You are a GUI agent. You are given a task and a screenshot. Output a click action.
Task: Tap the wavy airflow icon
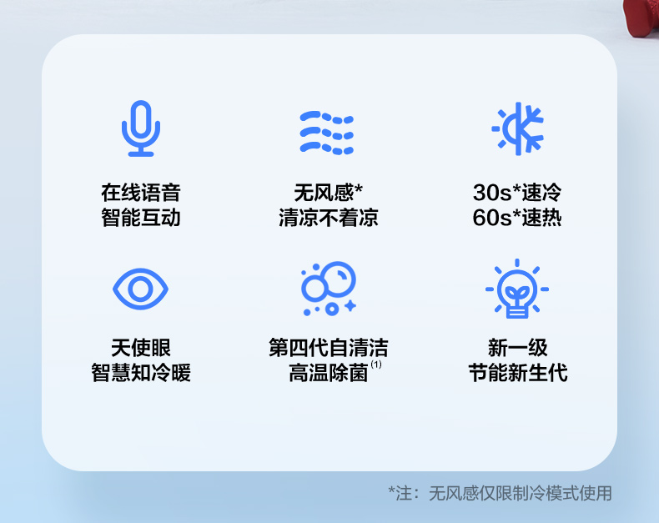click(x=326, y=133)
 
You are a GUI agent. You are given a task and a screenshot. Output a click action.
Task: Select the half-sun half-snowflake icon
click(x=518, y=128)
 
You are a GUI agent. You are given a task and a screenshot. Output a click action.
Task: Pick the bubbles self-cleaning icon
click(x=329, y=289)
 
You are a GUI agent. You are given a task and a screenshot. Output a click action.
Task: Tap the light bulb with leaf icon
click(x=517, y=289)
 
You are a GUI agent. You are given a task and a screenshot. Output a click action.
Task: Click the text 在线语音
click(x=141, y=193)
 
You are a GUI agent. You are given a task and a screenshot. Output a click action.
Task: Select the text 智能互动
click(x=141, y=218)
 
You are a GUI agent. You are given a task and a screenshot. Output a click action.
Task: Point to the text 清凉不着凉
click(x=328, y=218)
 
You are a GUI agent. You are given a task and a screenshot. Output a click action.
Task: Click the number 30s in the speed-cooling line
click(x=492, y=193)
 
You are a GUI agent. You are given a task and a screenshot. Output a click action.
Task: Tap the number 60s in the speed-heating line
click(x=492, y=218)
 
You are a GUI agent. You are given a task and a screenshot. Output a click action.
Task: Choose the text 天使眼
click(x=141, y=348)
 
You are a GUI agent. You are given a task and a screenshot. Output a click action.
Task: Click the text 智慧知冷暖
click(x=141, y=373)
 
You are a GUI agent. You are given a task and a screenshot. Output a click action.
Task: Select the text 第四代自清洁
click(x=328, y=348)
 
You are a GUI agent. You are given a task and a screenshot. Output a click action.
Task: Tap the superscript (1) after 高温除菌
click(x=376, y=365)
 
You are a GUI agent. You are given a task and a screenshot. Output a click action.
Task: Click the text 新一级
click(x=518, y=348)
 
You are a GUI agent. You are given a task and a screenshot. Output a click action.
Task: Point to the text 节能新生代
click(x=518, y=373)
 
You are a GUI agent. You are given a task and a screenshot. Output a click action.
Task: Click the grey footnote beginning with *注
click(x=501, y=493)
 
